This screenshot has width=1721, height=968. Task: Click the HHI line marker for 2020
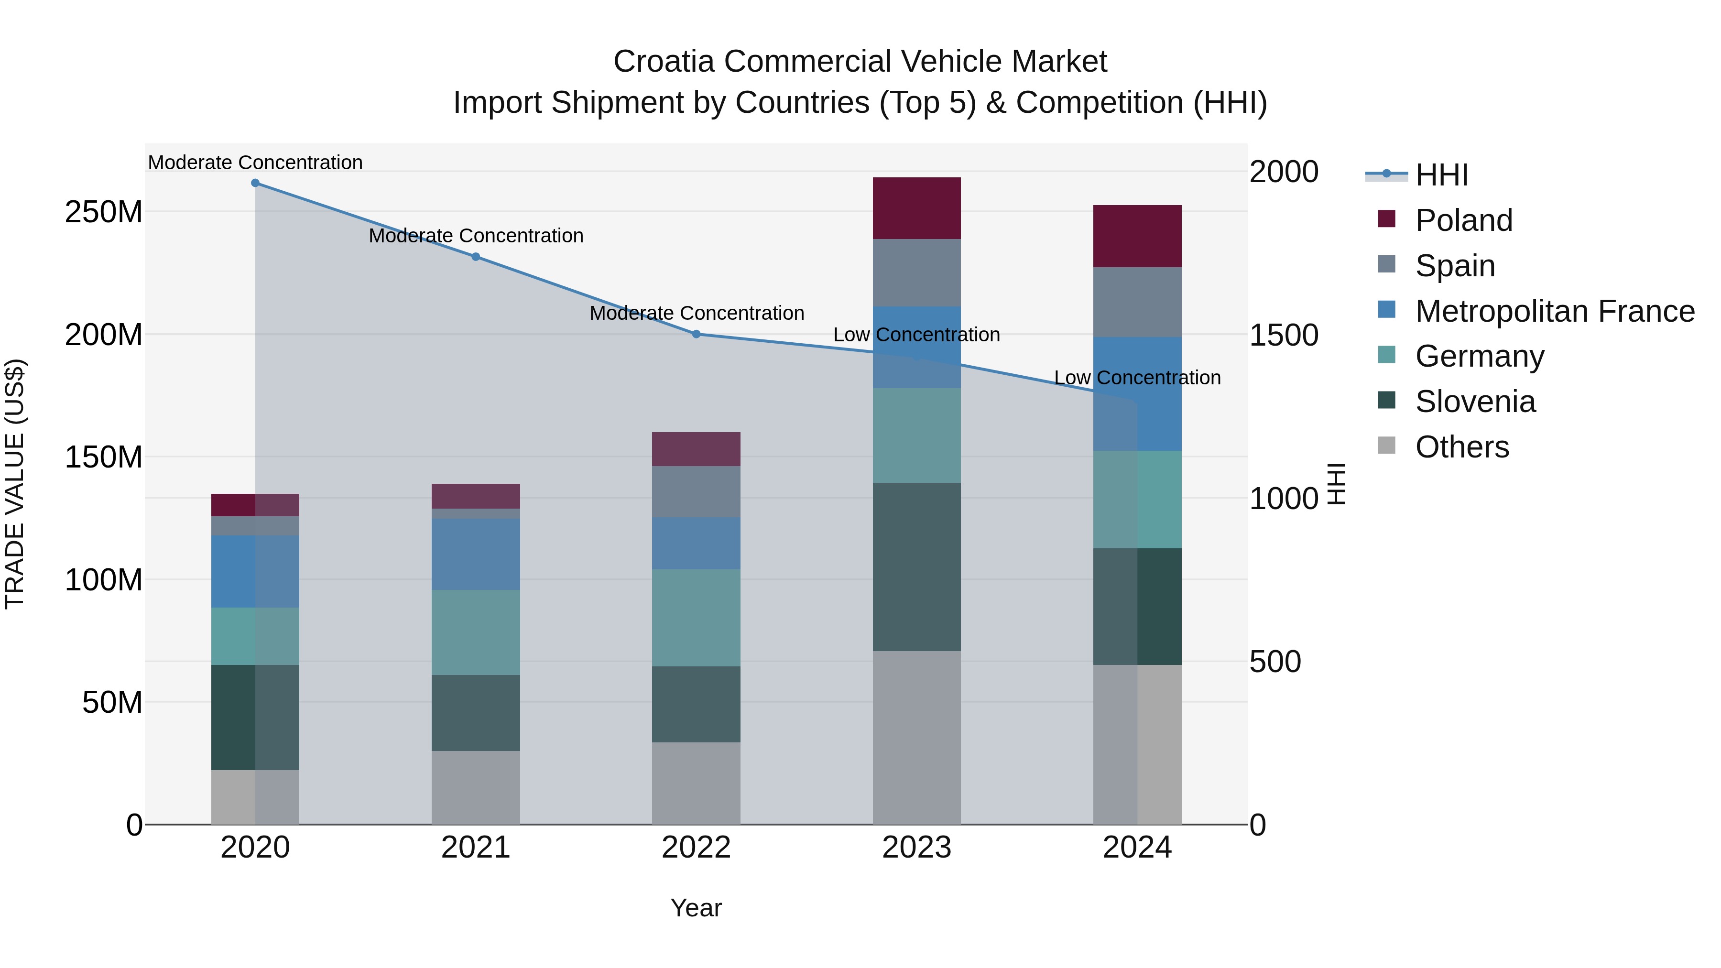255,183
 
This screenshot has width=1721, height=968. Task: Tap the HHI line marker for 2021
476,257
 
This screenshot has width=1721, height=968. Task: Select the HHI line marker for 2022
696,334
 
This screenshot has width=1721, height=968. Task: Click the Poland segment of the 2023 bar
916,208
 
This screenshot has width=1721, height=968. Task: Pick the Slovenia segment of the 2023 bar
916,566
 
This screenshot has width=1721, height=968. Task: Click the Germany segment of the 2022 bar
696,617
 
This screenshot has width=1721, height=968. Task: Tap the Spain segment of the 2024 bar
1137,302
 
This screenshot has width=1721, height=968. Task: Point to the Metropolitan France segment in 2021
476,554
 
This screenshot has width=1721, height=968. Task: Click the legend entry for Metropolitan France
1554,311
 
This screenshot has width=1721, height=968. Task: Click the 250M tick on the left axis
104,212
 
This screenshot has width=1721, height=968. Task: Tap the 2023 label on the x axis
916,848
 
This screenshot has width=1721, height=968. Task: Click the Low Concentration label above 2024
1137,378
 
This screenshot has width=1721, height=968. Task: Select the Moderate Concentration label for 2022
696,313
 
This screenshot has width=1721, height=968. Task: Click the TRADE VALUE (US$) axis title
15,484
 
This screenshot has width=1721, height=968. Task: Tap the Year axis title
696,908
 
